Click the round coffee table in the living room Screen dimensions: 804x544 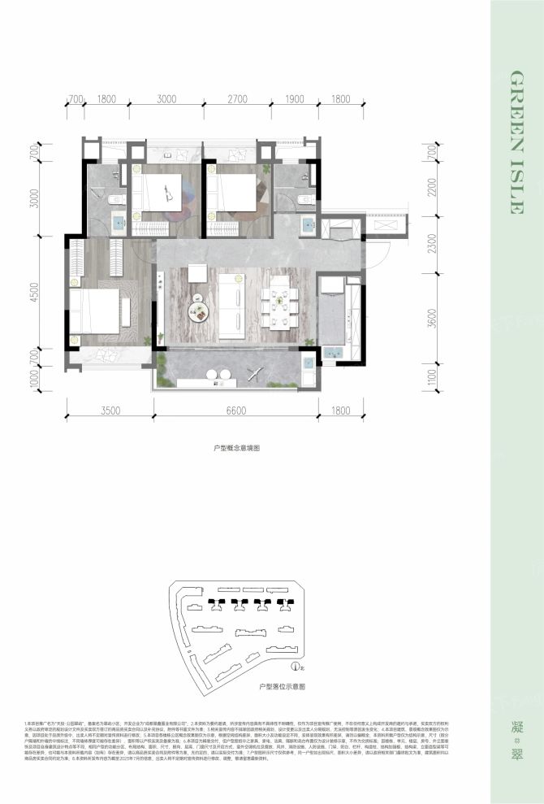point(198,307)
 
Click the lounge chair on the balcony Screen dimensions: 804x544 point(253,374)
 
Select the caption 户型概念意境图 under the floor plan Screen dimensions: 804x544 point(235,447)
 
